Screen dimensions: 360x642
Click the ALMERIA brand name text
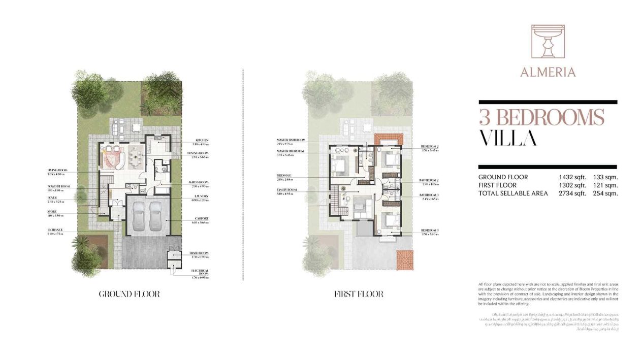coord(548,72)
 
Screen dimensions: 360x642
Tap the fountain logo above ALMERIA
coord(548,43)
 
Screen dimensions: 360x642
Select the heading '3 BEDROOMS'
coord(542,117)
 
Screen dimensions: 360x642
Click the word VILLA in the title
coord(508,138)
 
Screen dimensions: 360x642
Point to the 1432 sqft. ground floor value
coord(572,177)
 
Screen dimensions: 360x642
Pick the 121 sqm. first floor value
coord(605,185)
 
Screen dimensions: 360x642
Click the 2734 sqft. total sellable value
coord(572,193)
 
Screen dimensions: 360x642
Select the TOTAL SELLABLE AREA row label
coord(513,193)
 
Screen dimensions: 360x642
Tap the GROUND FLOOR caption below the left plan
coord(129,294)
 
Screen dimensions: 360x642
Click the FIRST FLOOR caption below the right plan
coord(359,294)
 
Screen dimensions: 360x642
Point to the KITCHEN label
coord(202,141)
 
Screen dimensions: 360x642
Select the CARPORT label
coord(202,219)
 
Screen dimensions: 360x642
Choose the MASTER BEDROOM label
coord(291,152)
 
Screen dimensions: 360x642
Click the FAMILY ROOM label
coord(287,189)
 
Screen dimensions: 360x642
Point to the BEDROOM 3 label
coord(429,230)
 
